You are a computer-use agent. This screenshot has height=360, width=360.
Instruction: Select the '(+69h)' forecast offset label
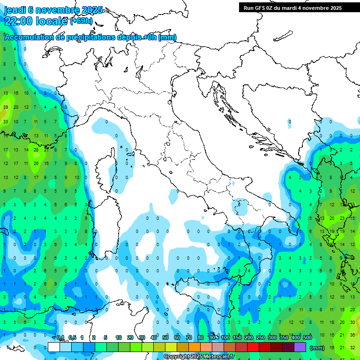[82, 21]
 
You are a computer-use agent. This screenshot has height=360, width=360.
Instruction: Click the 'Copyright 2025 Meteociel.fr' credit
[199, 357]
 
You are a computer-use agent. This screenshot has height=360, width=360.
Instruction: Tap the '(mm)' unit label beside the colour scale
[317, 348]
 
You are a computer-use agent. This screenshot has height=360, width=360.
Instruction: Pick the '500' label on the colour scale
[307, 337]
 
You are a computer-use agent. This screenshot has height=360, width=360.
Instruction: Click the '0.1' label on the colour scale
[60, 337]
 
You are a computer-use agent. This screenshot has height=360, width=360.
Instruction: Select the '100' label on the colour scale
[225, 337]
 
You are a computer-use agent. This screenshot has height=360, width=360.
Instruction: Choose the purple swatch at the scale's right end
[300, 347]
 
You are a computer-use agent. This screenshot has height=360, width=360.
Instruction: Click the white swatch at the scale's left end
[54, 347]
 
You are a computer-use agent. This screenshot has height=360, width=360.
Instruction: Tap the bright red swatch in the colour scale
[253, 347]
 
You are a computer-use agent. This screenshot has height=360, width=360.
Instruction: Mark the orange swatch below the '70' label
[195, 347]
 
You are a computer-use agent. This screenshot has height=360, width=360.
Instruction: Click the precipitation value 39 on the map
[6, 107]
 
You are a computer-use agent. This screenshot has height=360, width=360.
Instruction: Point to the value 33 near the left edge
[6, 121]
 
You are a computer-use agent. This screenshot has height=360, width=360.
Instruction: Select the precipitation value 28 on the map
[36, 150]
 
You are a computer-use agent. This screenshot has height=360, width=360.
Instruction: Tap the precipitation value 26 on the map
[36, 164]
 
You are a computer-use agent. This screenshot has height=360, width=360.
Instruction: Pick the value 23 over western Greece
[342, 218]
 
